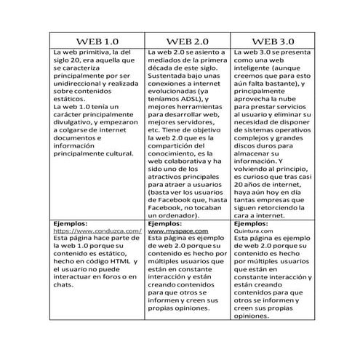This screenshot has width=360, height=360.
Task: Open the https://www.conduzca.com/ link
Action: pos(97,231)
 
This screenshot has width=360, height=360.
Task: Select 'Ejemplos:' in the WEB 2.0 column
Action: pos(165,223)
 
